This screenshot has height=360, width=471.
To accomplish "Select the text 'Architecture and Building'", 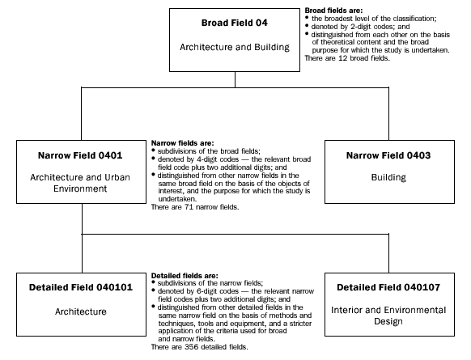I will point(234,48).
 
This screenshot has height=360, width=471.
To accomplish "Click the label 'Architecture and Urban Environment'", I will point(78,183).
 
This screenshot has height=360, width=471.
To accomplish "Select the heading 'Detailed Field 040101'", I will point(78,289).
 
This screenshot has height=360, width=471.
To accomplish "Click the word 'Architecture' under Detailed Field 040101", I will point(78,311).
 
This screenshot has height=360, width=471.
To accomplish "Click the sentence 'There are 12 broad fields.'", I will point(347,59).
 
